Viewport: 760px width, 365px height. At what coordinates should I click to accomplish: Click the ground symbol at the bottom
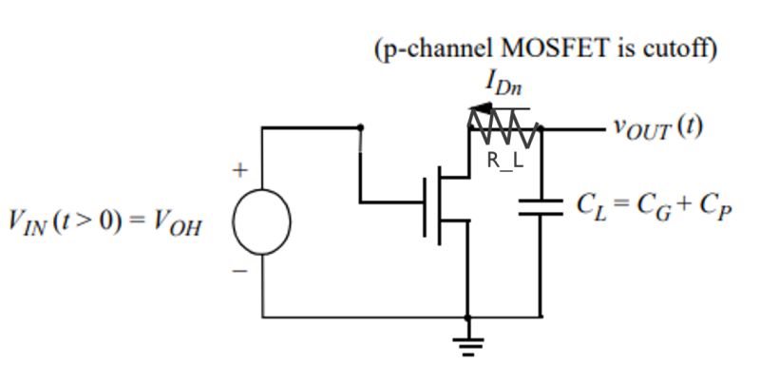[466, 344]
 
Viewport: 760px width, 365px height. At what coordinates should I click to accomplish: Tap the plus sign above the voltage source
[241, 171]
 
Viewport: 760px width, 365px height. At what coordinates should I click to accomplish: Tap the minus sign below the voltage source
[241, 271]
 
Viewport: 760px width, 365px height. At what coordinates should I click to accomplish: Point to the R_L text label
[504, 160]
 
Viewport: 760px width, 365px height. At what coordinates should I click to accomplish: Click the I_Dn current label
[503, 85]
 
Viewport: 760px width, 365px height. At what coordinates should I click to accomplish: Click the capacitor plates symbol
[541, 206]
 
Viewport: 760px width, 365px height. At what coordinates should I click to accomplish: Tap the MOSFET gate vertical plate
[427, 202]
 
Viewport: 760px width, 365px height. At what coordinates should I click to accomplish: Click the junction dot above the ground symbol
[466, 317]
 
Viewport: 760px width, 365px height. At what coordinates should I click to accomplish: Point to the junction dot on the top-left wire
[360, 126]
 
